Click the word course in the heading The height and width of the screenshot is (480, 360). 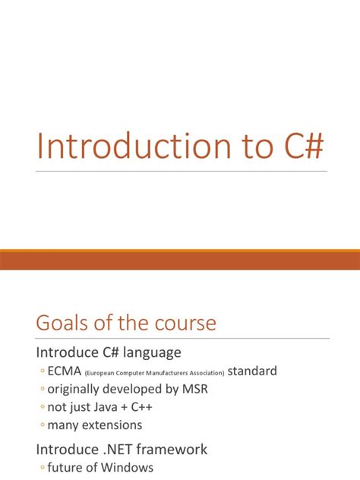[179, 323]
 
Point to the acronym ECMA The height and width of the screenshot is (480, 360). [65, 371]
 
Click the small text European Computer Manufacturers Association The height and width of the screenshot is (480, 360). [154, 373]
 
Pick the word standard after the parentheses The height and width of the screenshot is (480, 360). [252, 371]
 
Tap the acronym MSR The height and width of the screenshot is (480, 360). [194, 389]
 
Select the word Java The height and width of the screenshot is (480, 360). [104, 407]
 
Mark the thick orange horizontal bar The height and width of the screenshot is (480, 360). [180, 259]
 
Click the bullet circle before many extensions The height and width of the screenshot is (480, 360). [41, 426]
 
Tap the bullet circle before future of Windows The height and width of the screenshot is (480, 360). [41, 468]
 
